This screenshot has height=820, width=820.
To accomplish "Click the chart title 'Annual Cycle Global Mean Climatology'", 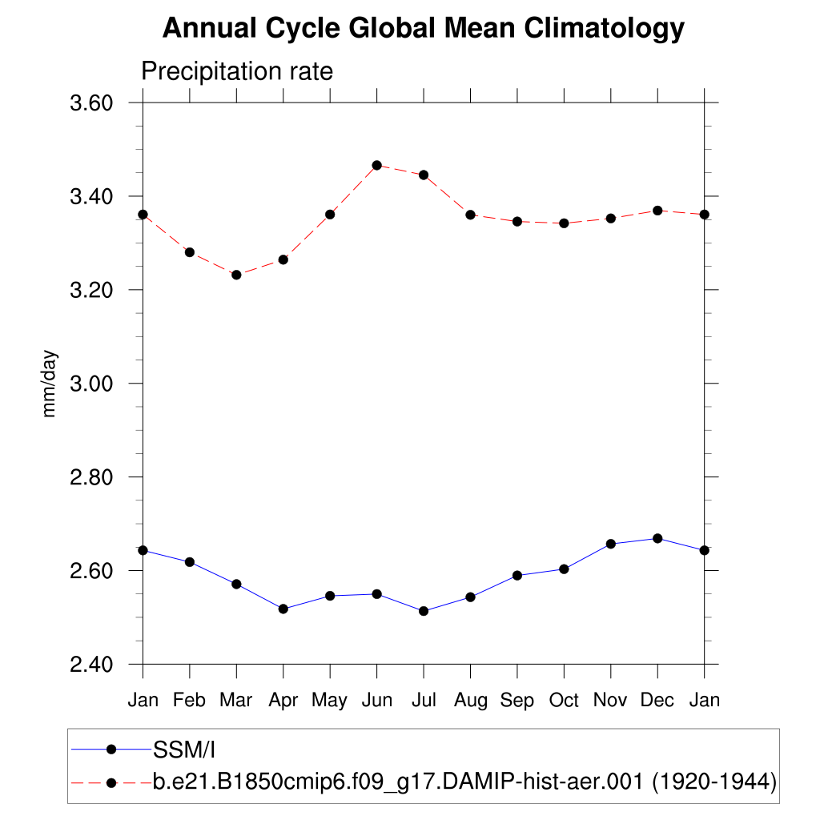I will tap(424, 29).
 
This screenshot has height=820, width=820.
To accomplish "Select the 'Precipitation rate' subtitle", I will tap(236, 71).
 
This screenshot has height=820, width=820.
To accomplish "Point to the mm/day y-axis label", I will tap(50, 384).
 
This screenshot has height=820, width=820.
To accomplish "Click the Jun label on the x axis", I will tap(376, 701).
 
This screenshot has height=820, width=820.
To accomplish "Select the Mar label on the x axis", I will tap(236, 701).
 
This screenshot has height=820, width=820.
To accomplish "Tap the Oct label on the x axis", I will tap(564, 701).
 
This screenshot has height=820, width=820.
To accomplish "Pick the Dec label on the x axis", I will tap(657, 701).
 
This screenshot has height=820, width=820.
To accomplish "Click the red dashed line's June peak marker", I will tap(376, 165).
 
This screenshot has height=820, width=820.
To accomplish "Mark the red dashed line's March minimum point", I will tap(236, 275).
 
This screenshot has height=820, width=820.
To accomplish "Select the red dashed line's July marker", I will tap(424, 175).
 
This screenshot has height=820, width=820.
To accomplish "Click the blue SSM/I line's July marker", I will tap(424, 611).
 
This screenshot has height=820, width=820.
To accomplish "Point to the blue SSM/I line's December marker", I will tap(657, 538).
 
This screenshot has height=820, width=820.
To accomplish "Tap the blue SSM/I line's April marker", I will tap(283, 609).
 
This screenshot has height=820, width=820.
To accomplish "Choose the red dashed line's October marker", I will tap(564, 223).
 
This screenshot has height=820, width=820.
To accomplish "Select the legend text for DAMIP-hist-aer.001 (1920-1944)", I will tap(464, 782).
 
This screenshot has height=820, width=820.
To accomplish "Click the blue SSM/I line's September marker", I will tap(517, 575).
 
